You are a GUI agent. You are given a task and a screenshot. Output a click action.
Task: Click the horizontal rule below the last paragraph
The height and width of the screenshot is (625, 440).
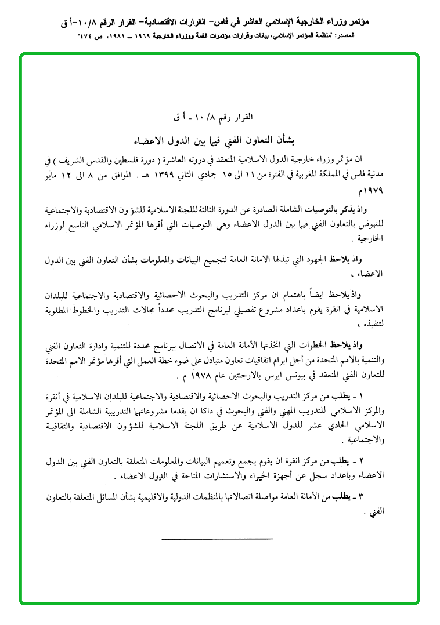coord(217,539)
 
